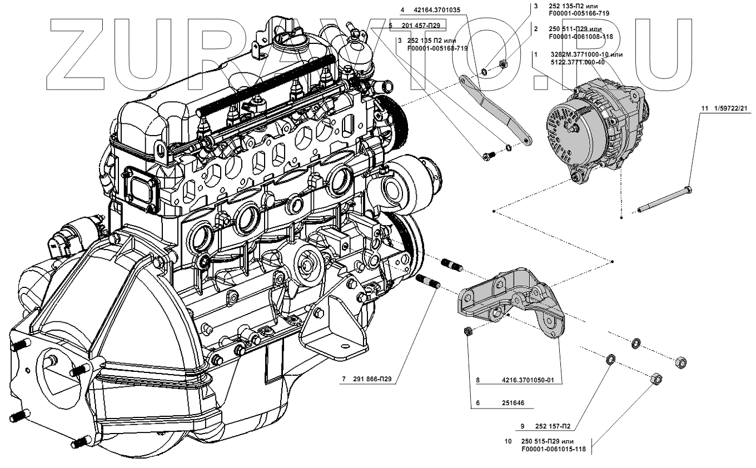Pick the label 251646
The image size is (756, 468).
click(x=514, y=404)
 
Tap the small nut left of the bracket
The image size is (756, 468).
click(x=468, y=332)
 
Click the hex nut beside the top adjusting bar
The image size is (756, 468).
click(x=501, y=65)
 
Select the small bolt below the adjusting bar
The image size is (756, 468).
click(x=488, y=156)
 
